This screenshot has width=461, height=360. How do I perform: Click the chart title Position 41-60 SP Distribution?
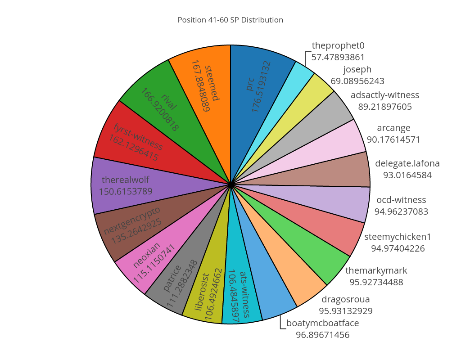pos(230,20)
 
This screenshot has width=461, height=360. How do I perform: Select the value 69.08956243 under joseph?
pos(357,81)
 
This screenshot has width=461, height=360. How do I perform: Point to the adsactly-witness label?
pos(385,95)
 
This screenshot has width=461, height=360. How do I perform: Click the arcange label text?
pos(393,128)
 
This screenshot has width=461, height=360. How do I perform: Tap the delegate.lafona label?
pos(407,163)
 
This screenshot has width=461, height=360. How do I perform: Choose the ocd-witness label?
pos(401,200)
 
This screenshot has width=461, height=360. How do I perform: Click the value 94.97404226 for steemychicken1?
pos(398,248)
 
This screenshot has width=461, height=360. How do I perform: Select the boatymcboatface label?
pos(322,323)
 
